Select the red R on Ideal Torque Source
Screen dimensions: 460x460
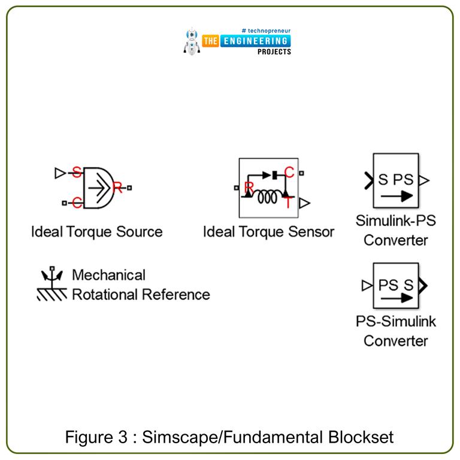[x=118, y=188]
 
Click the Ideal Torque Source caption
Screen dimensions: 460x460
[x=96, y=231]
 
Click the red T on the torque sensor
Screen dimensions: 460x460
[x=289, y=202]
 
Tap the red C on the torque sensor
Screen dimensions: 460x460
[x=289, y=174]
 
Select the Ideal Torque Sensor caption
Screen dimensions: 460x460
[x=268, y=231]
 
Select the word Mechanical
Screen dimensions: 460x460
[x=108, y=276]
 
